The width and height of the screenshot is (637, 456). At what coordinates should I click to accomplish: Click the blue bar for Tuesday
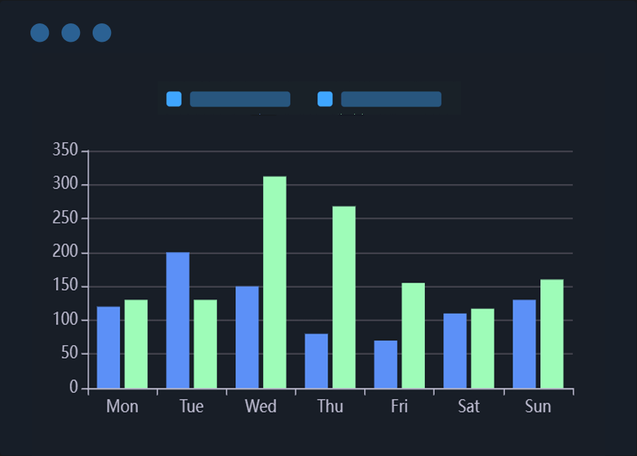[x=177, y=320]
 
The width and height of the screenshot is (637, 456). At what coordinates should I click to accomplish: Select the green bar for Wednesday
[x=274, y=282]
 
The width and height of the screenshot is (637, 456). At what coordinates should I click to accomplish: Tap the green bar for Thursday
[x=344, y=297]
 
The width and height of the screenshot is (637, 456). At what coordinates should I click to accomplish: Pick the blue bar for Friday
[x=385, y=364]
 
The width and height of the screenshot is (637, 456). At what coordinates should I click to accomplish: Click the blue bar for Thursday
[x=316, y=361]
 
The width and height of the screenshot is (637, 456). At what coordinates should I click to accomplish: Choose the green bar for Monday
[x=136, y=344]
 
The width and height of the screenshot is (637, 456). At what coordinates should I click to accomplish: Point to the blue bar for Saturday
[x=455, y=351]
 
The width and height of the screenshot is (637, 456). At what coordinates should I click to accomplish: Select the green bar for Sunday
[x=551, y=334]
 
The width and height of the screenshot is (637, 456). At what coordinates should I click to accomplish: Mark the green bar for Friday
[x=413, y=335]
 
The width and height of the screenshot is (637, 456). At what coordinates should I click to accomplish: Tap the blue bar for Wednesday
[x=247, y=337]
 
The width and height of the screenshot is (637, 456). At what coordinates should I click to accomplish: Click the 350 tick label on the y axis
[x=65, y=151]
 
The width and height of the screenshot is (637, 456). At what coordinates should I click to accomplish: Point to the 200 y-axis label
[x=65, y=252]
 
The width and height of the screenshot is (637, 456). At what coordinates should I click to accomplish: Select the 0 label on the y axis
[x=74, y=388]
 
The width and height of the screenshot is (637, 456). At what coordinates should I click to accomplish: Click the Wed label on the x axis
[x=260, y=407]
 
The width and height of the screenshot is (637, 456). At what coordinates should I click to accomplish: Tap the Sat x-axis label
[x=468, y=407]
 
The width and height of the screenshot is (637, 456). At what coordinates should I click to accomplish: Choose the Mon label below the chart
[x=122, y=407]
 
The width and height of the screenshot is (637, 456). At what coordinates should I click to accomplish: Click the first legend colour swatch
[x=174, y=99]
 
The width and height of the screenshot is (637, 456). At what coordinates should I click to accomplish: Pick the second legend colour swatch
[x=325, y=99]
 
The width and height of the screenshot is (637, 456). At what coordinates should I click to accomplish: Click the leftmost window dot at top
[x=40, y=33]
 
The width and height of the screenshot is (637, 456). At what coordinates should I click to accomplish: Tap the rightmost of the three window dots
[x=102, y=33]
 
